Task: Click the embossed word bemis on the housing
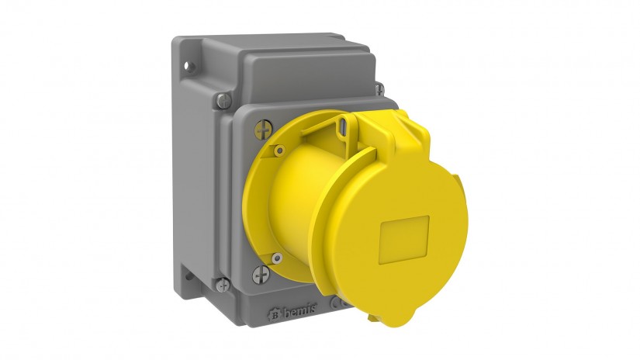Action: click(x=300, y=312)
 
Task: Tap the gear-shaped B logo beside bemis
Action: click(x=275, y=315)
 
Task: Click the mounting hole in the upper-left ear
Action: click(x=188, y=65)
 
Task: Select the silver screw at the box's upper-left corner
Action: click(x=223, y=100)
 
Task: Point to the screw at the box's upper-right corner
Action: click(x=379, y=88)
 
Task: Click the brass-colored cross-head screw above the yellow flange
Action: click(x=263, y=130)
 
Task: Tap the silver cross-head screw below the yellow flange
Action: click(x=261, y=275)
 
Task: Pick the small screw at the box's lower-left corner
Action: click(x=223, y=284)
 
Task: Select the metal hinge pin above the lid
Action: click(x=343, y=126)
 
